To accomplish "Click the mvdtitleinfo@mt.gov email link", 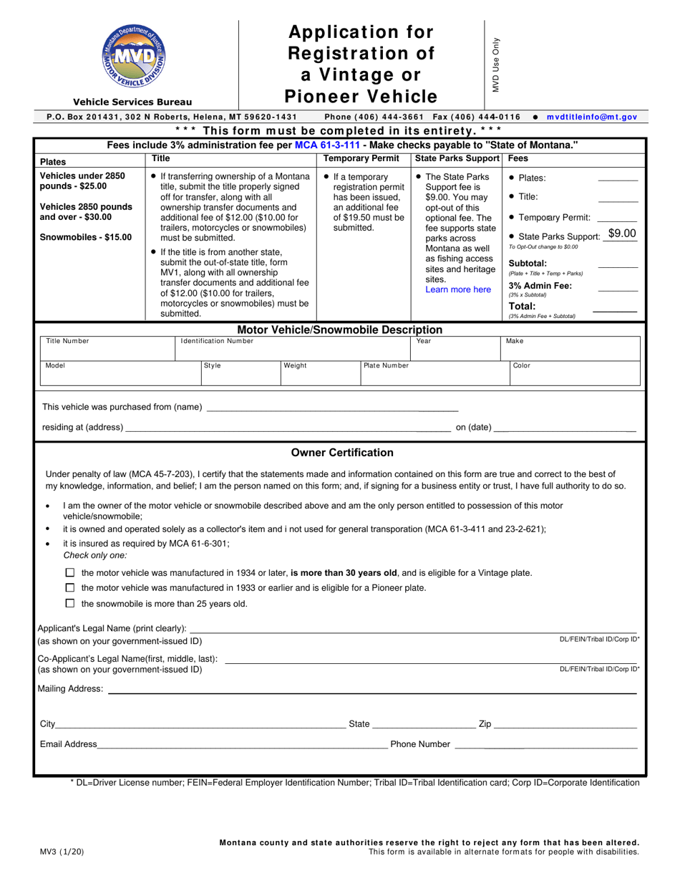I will [x=591, y=117].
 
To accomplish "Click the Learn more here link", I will [x=458, y=289].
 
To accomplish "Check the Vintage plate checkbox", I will [x=69, y=573].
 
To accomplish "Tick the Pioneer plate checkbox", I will [x=69, y=588].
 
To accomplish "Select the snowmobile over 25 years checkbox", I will [x=69, y=604].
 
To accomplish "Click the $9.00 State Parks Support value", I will [x=621, y=233].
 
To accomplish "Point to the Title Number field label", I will [x=67, y=341].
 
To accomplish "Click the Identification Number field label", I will [x=217, y=341].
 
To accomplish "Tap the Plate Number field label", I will [x=387, y=365].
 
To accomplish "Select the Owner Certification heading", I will [x=342, y=453].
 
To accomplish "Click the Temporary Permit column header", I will [x=364, y=158].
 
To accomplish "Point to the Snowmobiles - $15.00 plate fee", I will [x=86, y=237].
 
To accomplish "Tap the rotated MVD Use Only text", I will [x=495, y=64].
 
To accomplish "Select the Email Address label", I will [x=68, y=744].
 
